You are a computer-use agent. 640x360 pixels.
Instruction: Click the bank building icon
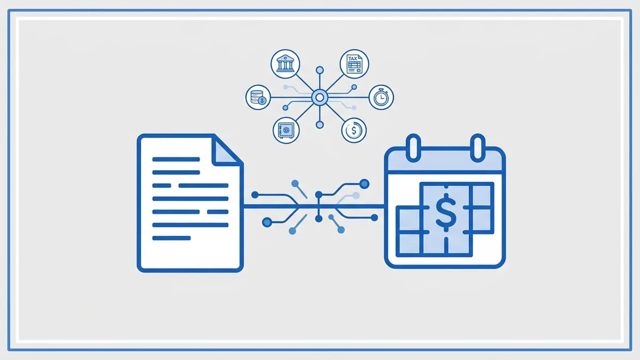[x=285, y=63]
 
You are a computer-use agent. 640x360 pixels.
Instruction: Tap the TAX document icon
[x=354, y=63]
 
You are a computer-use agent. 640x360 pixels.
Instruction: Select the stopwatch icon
[x=381, y=97]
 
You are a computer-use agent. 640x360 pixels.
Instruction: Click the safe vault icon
[x=286, y=130]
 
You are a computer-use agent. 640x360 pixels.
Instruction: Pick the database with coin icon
[x=258, y=97]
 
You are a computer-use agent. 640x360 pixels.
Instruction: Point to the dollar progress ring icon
[x=354, y=130]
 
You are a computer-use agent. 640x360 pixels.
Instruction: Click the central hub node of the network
[x=319, y=98]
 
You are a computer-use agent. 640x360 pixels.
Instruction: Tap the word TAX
[x=353, y=59]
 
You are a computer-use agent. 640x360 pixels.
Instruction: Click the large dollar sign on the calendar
[x=446, y=212]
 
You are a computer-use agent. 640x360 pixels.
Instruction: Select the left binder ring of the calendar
[x=413, y=148]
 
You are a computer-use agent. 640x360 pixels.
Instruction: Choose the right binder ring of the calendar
[x=478, y=148]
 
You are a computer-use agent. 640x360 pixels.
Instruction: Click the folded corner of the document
[x=226, y=151]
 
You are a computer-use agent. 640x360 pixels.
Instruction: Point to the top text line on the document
[x=176, y=159]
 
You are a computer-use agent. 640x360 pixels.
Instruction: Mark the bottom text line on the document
[x=171, y=238]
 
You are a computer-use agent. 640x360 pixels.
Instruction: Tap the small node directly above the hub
[x=319, y=70]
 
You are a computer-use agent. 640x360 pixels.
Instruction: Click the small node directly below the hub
[x=319, y=125]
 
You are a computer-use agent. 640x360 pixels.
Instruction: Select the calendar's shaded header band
[x=445, y=161]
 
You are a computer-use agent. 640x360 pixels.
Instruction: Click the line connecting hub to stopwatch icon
[x=348, y=98]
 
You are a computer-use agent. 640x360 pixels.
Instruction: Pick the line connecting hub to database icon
[x=291, y=98]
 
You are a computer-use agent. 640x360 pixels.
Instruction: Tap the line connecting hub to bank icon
[x=305, y=83]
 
